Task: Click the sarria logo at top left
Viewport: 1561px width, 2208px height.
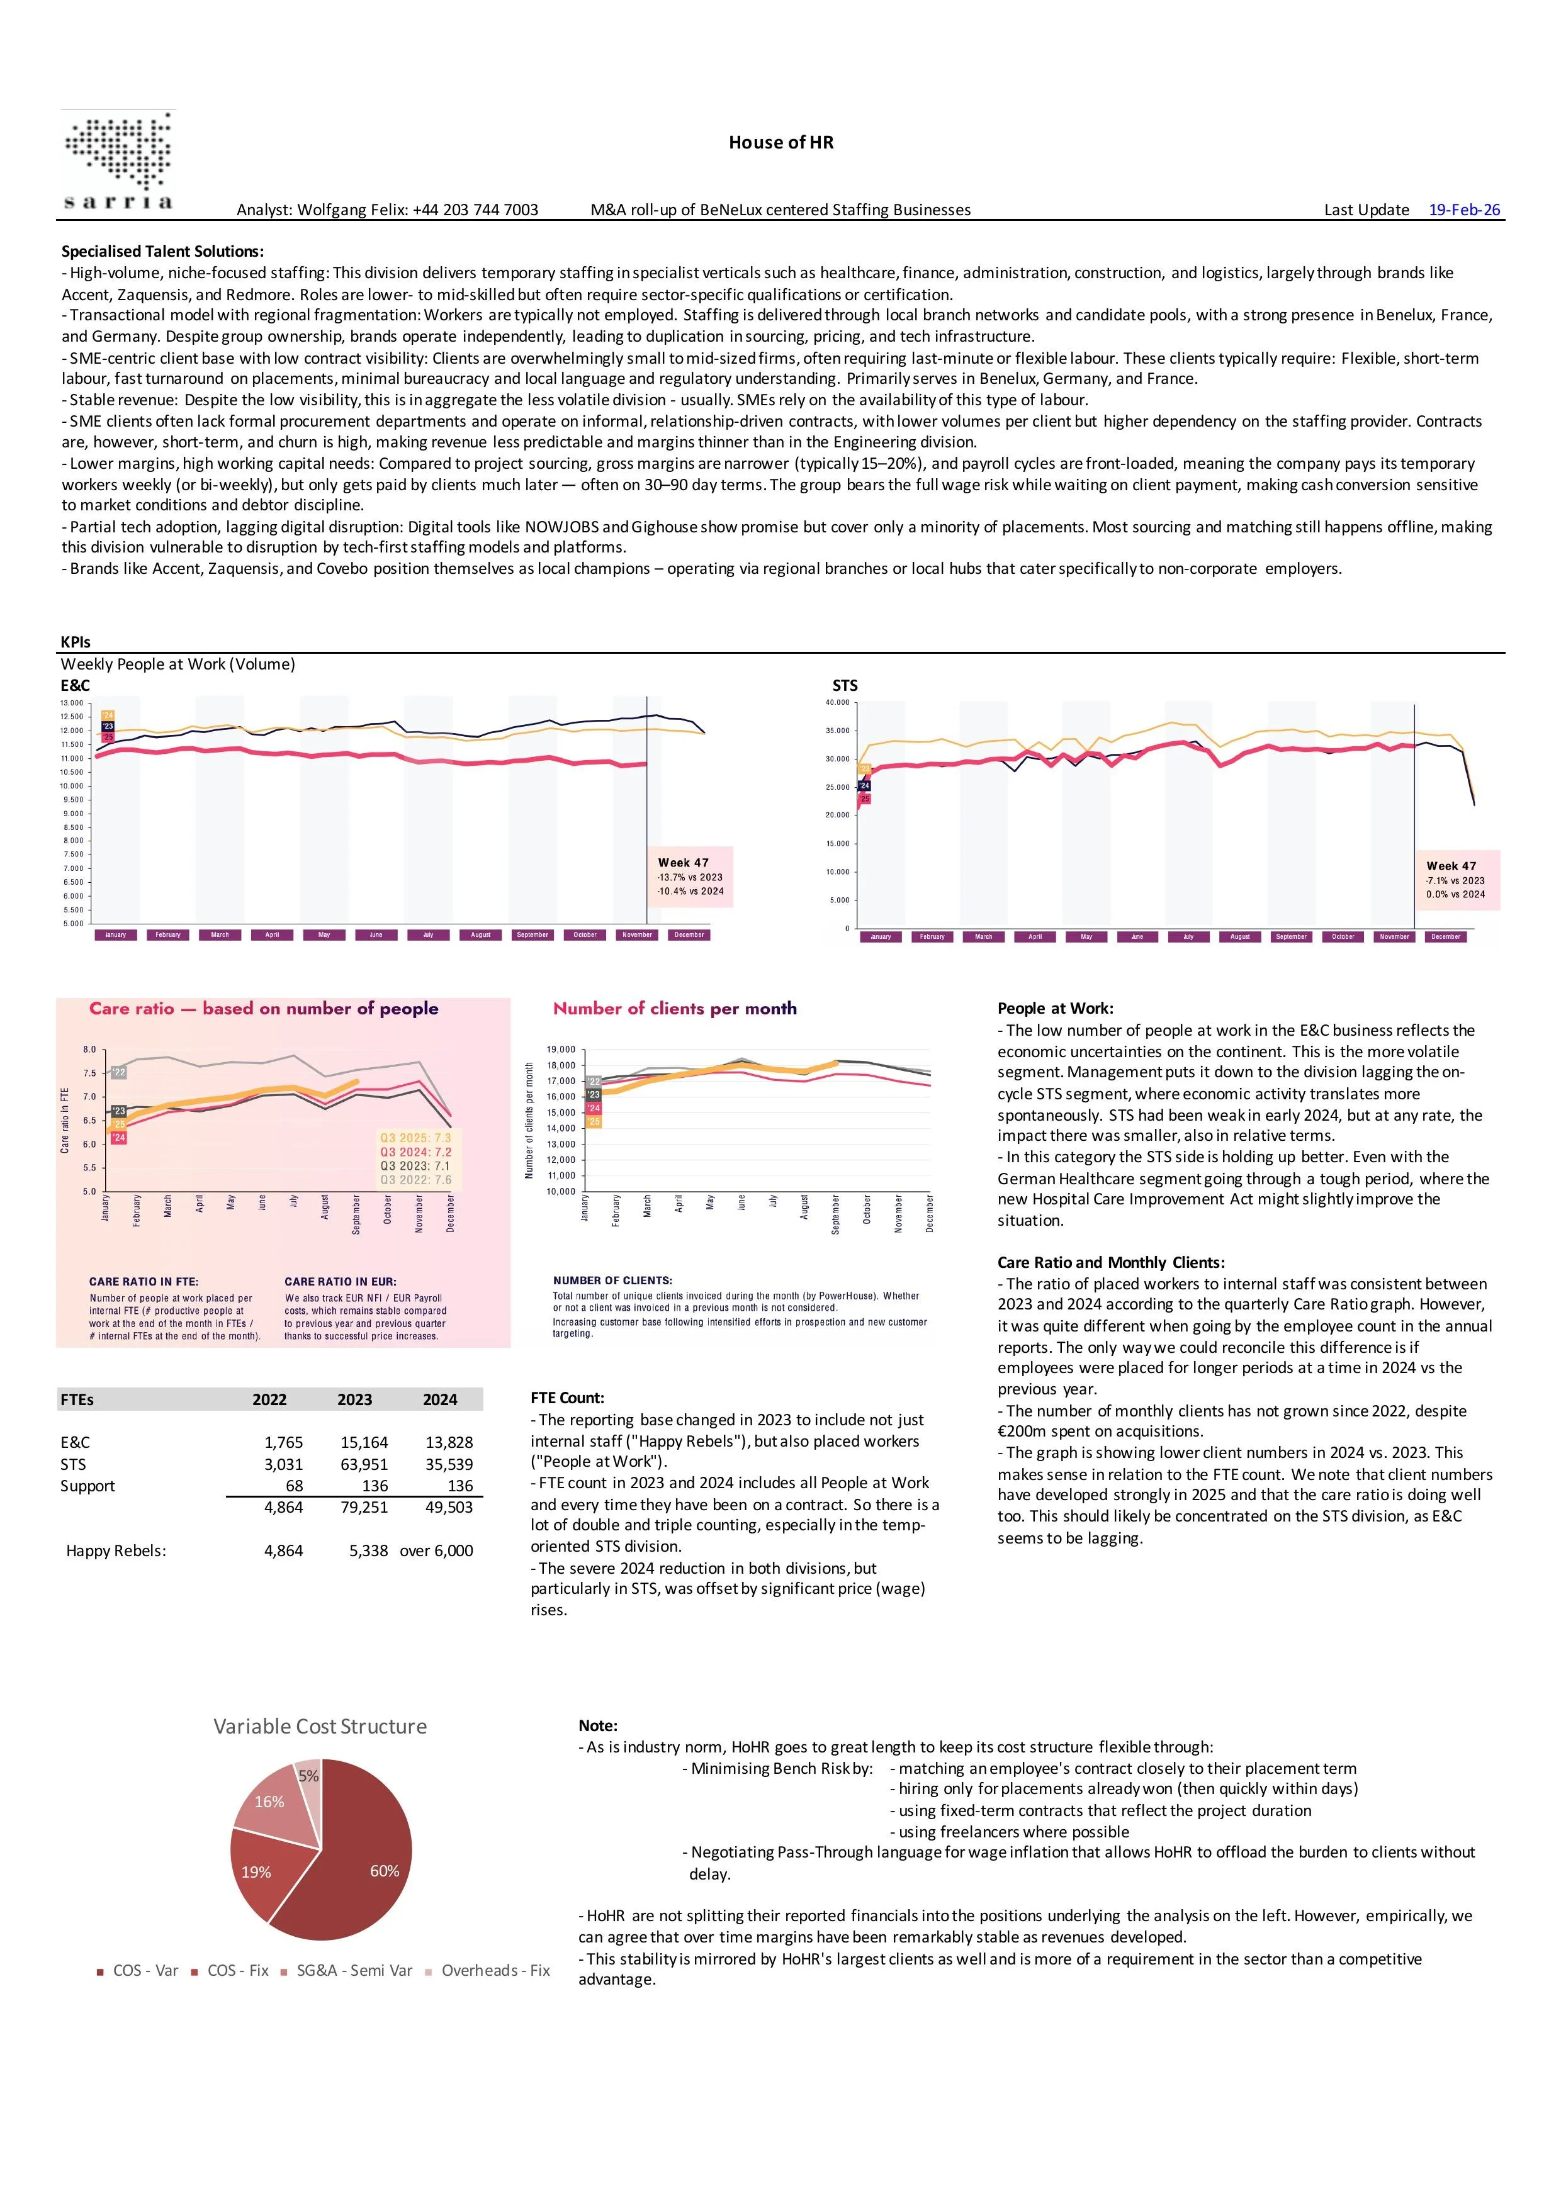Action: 119,160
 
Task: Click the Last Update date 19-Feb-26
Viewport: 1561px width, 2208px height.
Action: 1464,210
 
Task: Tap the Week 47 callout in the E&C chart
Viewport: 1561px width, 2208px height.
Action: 690,876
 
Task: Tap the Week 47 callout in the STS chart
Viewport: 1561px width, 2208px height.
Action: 1456,879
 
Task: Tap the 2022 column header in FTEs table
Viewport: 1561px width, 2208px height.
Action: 269,1399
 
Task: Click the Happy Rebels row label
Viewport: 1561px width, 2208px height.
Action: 115,1550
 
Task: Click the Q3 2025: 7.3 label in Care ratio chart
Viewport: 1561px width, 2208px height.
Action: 415,1138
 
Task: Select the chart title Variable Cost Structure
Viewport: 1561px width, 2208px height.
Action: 320,1726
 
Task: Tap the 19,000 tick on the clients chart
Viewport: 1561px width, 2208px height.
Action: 561,1049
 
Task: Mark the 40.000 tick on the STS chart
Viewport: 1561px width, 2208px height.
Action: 837,703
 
